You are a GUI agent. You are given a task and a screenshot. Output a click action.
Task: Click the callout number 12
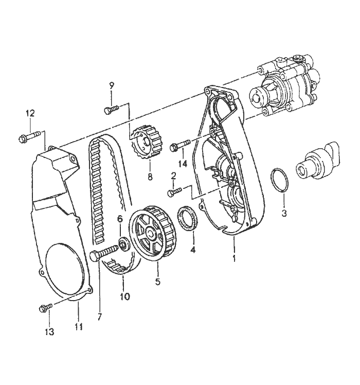click(30, 114)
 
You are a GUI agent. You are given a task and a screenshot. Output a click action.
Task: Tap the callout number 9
click(112, 86)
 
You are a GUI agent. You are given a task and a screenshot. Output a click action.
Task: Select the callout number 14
click(183, 164)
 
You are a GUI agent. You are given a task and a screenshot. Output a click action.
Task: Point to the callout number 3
click(284, 213)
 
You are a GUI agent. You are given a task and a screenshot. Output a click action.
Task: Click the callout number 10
click(125, 297)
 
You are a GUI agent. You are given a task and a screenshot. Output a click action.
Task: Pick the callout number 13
click(49, 332)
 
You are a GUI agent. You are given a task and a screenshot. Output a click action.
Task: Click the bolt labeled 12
click(29, 137)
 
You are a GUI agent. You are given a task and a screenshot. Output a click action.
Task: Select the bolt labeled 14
click(180, 145)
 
